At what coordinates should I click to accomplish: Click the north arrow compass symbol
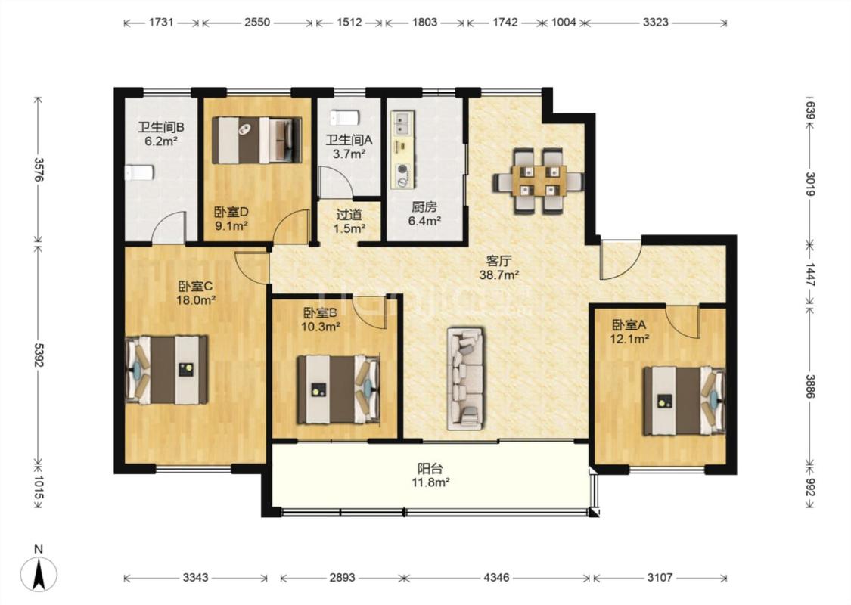point(39,574)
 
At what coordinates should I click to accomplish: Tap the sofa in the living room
point(466,379)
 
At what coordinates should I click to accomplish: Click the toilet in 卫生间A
point(344,117)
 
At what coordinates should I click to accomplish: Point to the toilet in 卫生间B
point(140,173)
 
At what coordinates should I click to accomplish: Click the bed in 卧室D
point(256,141)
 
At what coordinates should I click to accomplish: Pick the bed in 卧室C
point(166,370)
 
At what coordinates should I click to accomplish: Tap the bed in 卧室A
point(684,401)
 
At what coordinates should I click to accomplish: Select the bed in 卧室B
point(337,389)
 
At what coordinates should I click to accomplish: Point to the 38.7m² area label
point(498,275)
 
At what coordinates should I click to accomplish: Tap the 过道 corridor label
point(349,216)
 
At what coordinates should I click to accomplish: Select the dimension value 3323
point(656,22)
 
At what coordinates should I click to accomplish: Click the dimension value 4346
point(496,577)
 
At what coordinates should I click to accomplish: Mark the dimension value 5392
point(39,355)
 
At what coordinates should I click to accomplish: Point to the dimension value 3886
point(809,386)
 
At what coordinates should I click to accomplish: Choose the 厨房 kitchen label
point(424,207)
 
